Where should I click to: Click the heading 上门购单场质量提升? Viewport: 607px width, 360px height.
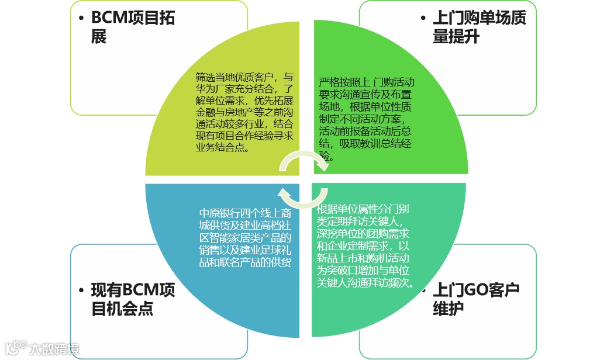click(x=479, y=27)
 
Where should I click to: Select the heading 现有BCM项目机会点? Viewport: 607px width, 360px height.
click(x=133, y=299)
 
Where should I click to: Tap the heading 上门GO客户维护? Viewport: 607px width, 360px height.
click(x=475, y=299)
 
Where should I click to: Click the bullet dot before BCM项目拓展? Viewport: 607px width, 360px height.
click(x=81, y=18)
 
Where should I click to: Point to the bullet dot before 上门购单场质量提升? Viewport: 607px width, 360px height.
click(x=423, y=18)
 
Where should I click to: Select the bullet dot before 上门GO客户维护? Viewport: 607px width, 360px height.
click(x=423, y=290)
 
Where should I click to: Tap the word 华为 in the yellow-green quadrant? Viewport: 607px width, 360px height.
click(x=204, y=89)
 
